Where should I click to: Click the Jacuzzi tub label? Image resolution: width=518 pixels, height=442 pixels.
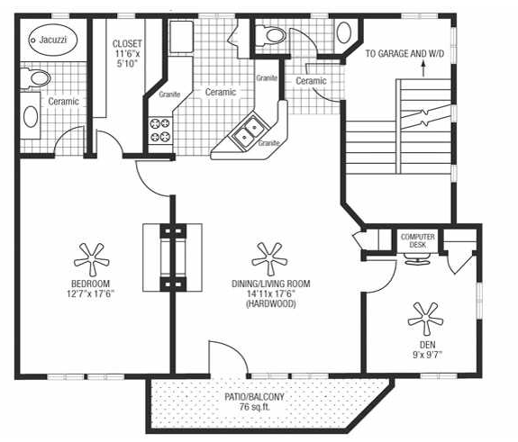point(52,40)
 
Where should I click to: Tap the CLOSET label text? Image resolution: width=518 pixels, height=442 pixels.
point(127,43)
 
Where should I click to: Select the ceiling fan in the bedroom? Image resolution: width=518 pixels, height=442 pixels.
point(91,259)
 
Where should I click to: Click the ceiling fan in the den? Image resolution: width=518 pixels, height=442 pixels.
point(425,318)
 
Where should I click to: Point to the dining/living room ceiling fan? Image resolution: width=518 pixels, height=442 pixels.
point(269,258)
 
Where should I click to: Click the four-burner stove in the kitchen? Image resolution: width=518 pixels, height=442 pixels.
point(159,130)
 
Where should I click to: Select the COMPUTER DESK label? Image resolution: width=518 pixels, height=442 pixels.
point(418,240)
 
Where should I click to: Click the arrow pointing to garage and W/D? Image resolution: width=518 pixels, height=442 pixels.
point(423,68)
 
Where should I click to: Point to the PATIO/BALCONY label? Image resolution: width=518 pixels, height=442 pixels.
point(254,396)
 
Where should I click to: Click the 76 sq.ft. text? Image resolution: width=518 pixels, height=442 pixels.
point(255,407)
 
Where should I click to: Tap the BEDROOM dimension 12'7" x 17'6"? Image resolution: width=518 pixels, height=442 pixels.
point(90,293)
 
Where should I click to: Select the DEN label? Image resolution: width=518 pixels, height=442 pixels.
point(428,345)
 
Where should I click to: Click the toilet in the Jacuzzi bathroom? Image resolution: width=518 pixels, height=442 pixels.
point(36,78)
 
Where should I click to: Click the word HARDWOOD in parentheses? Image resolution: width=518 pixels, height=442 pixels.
point(271,303)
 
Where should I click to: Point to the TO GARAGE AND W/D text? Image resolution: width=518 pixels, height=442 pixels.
point(404,53)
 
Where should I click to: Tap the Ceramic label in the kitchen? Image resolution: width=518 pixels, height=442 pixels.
point(221,92)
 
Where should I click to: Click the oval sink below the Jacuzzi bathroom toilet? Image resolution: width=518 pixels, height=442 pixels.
point(31,116)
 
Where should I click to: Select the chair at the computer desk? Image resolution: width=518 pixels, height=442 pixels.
point(417,258)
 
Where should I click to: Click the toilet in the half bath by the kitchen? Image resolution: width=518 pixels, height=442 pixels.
point(271,35)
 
